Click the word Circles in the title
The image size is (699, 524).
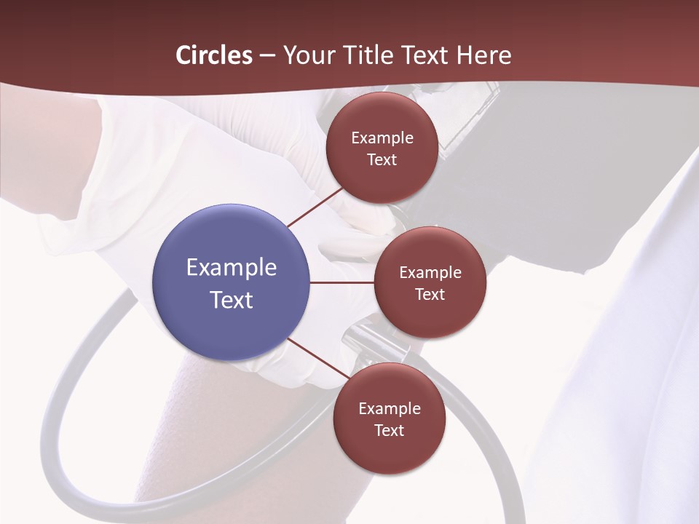[x=213, y=55]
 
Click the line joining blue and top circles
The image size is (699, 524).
[x=316, y=207]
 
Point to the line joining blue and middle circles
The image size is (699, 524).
[x=342, y=282]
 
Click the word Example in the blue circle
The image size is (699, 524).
[x=232, y=268]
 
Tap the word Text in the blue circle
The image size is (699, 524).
[x=232, y=300]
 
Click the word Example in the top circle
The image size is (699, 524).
[x=382, y=138]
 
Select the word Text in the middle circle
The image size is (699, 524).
[x=430, y=295]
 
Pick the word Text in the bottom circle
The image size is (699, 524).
[x=389, y=431]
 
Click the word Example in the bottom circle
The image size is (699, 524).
[x=389, y=409]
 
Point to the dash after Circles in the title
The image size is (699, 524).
[x=267, y=56]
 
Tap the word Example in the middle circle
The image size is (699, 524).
[x=430, y=273]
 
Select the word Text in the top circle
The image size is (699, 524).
[x=382, y=160]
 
